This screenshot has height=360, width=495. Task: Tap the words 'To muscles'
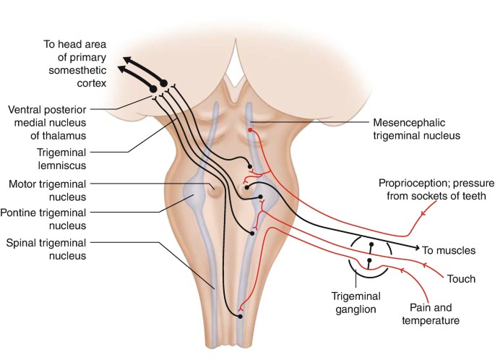click(449, 250)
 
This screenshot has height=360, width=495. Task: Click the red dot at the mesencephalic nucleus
click(251, 130)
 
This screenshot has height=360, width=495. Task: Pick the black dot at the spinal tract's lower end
click(239, 315)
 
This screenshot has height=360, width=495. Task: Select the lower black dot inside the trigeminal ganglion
click(370, 260)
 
